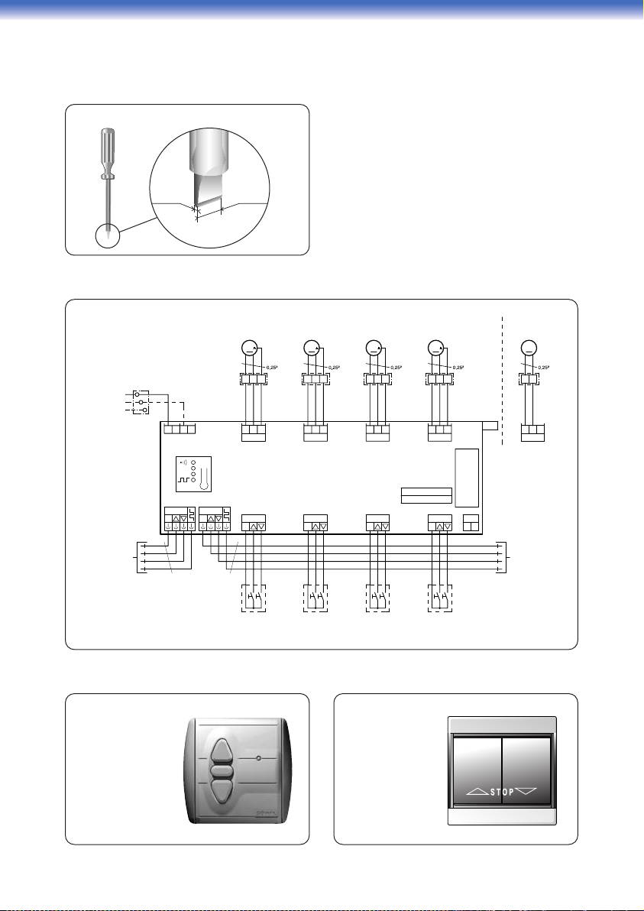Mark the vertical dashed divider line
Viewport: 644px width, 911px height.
503,378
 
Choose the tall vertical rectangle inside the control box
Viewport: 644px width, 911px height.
466,478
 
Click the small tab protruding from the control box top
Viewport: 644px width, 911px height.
491,426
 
